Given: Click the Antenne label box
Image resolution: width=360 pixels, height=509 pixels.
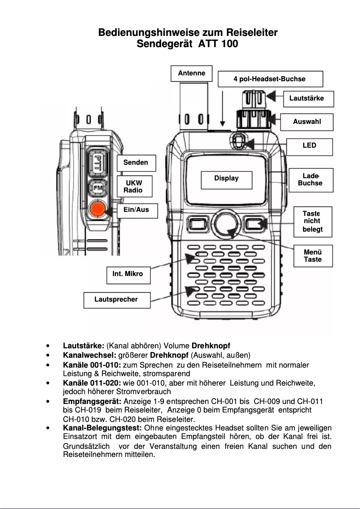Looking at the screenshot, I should point(191,73).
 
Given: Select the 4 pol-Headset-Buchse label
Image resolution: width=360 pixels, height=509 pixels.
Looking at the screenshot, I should point(270,79).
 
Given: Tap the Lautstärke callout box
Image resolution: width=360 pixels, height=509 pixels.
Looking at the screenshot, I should point(308,98).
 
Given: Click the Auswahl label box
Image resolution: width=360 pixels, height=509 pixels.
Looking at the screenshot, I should point(307,122).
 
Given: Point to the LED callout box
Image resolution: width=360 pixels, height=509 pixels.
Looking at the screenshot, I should point(309,146).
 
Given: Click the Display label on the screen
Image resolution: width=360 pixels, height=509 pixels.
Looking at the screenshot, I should point(226,179).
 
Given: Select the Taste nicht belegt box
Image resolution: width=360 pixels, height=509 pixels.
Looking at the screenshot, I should point(312,222).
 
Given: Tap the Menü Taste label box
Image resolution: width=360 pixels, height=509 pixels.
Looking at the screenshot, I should point(312,255).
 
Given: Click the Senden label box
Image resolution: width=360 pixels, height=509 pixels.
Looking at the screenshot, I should point(136,162).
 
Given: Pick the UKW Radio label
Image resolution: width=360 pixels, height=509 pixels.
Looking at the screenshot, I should point(134,187).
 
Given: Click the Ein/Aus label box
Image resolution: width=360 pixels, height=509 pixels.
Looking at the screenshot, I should point(136,210).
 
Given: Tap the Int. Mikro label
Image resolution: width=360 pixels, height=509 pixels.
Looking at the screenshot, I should point(128,274).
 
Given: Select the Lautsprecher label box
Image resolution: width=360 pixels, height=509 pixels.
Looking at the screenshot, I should point(116,299).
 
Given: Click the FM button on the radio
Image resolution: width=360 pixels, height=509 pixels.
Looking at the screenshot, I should point(97,188).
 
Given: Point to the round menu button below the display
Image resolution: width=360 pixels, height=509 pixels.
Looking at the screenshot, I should point(226,224).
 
